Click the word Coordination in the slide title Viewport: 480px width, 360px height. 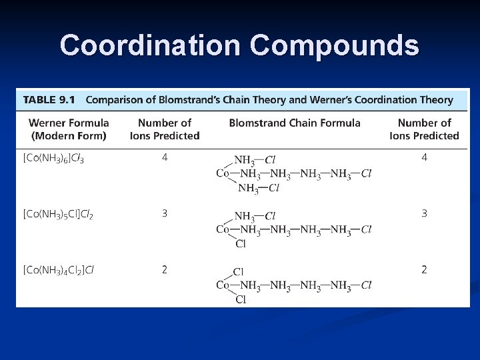pos(150,45)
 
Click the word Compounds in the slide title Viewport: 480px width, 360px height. pos(335,45)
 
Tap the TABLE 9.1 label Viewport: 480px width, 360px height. pos(49,100)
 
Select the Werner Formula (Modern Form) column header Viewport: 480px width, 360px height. pos(69,129)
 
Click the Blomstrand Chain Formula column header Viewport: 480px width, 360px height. pos(295,123)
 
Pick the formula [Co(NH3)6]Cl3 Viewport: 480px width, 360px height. pos(53,159)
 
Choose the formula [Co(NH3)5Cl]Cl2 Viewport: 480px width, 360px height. pos(58,215)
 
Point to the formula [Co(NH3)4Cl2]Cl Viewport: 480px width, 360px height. pos(59,271)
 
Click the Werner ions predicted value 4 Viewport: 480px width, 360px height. pos(165,158)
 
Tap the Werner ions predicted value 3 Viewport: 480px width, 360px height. pos(165,214)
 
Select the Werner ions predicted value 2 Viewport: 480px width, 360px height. pos(165,270)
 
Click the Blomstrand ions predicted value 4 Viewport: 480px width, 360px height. pos(424,158)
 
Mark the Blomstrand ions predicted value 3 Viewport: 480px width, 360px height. pos(424,214)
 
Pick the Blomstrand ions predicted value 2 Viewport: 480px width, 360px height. pos(424,270)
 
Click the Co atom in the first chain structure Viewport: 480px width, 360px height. pos(223,173)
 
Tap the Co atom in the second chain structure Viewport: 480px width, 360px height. pos(223,229)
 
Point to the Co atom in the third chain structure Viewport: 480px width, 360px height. pos(223,285)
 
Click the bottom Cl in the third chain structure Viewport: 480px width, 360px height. pos(241,300)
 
